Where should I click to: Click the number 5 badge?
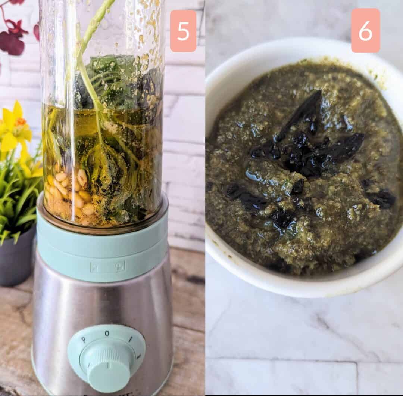click(x=183, y=31)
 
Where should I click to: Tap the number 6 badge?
click(x=365, y=31)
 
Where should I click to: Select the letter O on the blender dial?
click(x=107, y=333)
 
